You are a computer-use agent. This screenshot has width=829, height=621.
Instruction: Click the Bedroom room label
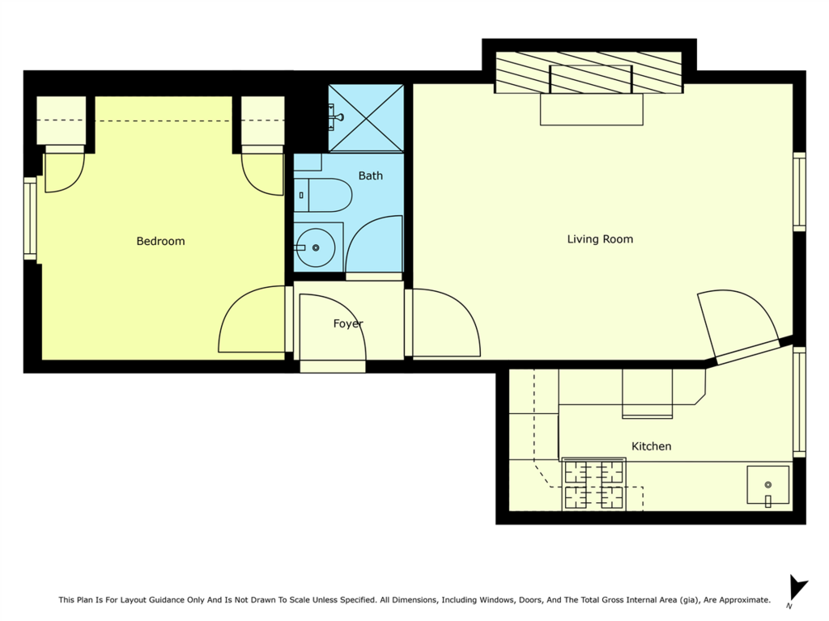[161, 241]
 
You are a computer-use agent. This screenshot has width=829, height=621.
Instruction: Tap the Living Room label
[600, 239]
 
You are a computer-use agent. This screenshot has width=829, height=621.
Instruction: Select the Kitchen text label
[652, 446]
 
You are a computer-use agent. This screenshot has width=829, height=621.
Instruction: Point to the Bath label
[371, 175]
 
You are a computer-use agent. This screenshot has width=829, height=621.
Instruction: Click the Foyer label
[348, 323]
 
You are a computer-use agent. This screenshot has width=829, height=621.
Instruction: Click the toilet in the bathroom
[323, 196]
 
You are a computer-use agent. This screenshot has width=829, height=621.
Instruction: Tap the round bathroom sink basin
[316, 247]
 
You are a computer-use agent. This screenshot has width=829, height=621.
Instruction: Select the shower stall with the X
[366, 118]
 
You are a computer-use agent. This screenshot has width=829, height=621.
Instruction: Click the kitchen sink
[767, 485]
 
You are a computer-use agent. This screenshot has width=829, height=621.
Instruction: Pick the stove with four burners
[593, 484]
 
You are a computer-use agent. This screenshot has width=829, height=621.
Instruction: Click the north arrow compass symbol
[797, 590]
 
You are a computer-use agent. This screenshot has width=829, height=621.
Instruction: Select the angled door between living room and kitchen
[740, 322]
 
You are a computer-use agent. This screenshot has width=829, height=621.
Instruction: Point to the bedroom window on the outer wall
[30, 218]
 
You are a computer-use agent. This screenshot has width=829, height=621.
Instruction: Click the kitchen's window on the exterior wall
[799, 402]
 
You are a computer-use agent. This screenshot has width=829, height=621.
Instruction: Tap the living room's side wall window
[799, 192]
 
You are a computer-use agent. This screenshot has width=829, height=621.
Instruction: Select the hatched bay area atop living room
[589, 72]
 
